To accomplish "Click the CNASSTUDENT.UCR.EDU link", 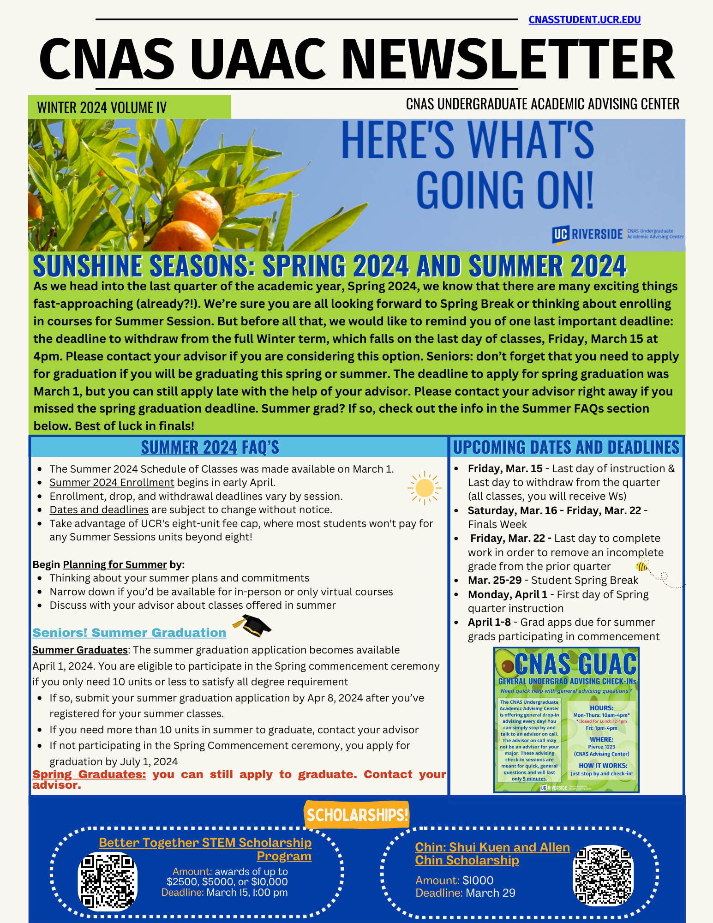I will (x=584, y=20).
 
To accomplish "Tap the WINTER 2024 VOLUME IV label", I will (x=102, y=108).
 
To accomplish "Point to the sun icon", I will (x=424, y=488).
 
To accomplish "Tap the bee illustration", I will (x=642, y=564).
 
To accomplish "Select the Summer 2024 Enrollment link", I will (x=112, y=483).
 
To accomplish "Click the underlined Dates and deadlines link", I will (x=99, y=510).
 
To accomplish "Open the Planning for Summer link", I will (x=114, y=565).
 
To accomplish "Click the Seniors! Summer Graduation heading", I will (x=129, y=633).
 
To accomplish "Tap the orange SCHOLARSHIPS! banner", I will (x=357, y=815).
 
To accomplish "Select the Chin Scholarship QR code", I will (x=603, y=875).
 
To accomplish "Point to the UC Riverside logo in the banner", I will (x=587, y=234).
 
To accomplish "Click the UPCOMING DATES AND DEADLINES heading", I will (x=566, y=447).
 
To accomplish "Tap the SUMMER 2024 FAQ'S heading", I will (x=210, y=447).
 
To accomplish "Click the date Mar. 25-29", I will (x=494, y=580).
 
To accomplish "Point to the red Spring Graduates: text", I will (x=89, y=774).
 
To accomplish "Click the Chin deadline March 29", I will (x=490, y=893).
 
